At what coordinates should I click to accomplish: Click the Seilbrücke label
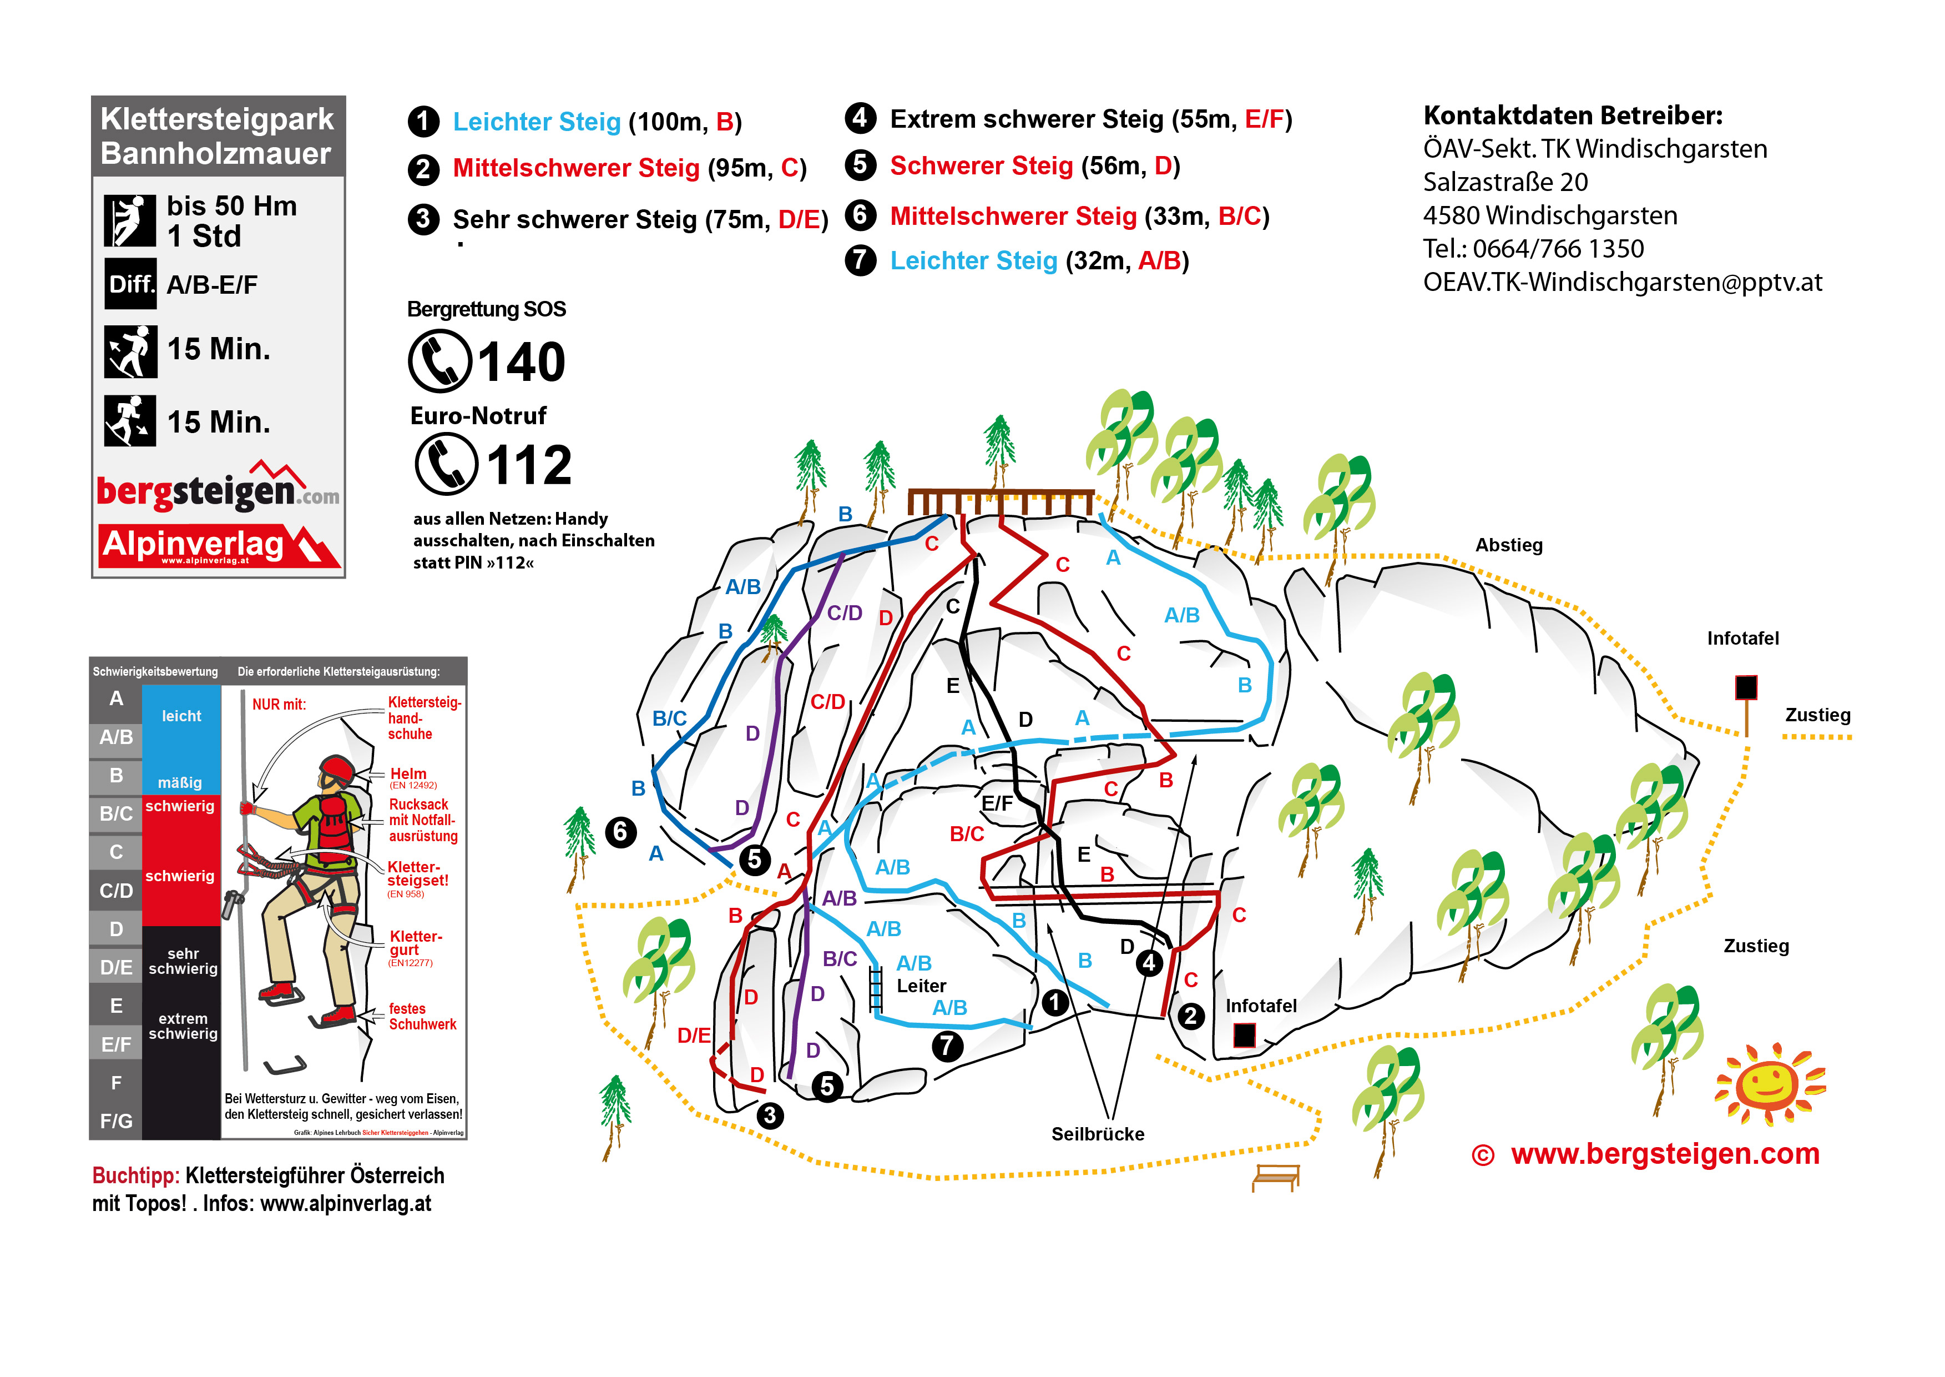click(1098, 1134)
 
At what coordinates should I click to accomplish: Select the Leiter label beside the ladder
click(921, 986)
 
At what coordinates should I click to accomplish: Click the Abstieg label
click(1508, 545)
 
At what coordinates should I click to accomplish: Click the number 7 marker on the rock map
click(947, 1046)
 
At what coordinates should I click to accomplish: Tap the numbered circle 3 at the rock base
click(770, 1115)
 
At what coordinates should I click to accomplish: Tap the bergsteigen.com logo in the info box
click(218, 490)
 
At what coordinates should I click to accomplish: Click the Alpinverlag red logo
click(219, 545)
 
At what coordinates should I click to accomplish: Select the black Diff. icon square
click(130, 284)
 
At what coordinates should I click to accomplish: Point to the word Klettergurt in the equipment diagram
click(415, 943)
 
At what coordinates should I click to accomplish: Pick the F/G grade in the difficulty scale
click(116, 1121)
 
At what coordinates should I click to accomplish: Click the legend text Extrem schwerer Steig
click(1029, 119)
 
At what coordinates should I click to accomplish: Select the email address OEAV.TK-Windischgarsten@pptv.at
click(1622, 283)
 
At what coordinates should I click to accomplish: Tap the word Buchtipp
click(135, 1176)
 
